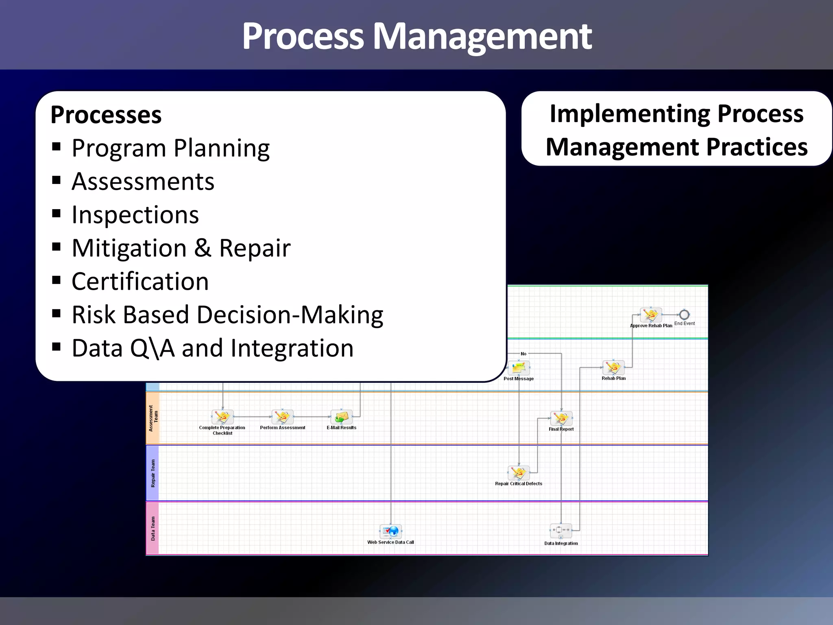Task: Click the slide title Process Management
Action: tap(416, 37)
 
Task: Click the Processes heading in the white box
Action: tap(106, 115)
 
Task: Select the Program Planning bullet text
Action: tap(170, 148)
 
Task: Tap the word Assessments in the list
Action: tap(143, 181)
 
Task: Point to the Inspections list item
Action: tap(135, 215)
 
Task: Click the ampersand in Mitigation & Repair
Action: tap(203, 248)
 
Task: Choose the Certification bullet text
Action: tap(140, 282)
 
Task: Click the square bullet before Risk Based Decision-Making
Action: tap(57, 313)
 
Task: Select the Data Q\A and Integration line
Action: tap(212, 348)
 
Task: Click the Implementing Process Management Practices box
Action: tap(676, 129)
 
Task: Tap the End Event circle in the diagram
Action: tap(684, 315)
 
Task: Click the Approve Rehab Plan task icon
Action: tap(650, 315)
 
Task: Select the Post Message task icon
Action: tap(519, 368)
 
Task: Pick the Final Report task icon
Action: tap(561, 418)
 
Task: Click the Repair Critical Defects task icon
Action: tap(519, 473)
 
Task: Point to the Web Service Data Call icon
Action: tap(390, 531)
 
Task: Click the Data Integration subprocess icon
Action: tap(561, 530)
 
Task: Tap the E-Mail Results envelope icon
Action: tap(341, 417)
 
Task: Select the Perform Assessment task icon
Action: tap(282, 417)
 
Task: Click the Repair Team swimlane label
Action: tap(153, 473)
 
